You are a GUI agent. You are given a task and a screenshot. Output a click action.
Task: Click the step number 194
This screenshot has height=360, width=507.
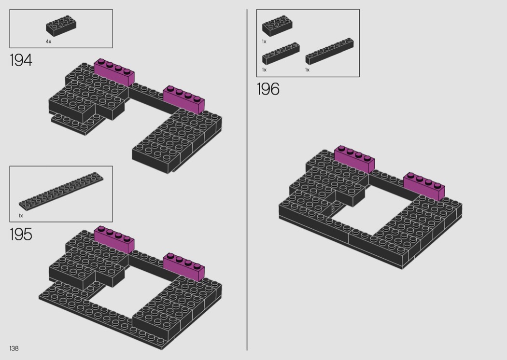coord(21,60)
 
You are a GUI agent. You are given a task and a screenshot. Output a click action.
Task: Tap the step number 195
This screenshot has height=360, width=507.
coord(21,235)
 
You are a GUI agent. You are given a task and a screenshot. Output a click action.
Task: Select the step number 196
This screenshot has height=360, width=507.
coord(268,89)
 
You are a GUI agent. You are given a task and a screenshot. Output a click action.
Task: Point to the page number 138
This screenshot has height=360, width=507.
coord(14,348)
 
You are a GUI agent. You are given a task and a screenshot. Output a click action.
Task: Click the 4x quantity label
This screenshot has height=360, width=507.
coord(48,42)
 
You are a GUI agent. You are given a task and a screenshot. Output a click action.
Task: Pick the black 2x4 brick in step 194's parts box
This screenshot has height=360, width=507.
coord(61,26)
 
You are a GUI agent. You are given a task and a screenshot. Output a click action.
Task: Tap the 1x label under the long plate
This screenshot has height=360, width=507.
coord(21,216)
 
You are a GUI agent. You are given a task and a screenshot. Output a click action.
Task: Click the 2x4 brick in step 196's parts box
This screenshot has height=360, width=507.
coord(278,26)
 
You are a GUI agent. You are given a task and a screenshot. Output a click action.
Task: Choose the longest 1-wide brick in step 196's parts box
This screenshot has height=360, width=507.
coord(329,51)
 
